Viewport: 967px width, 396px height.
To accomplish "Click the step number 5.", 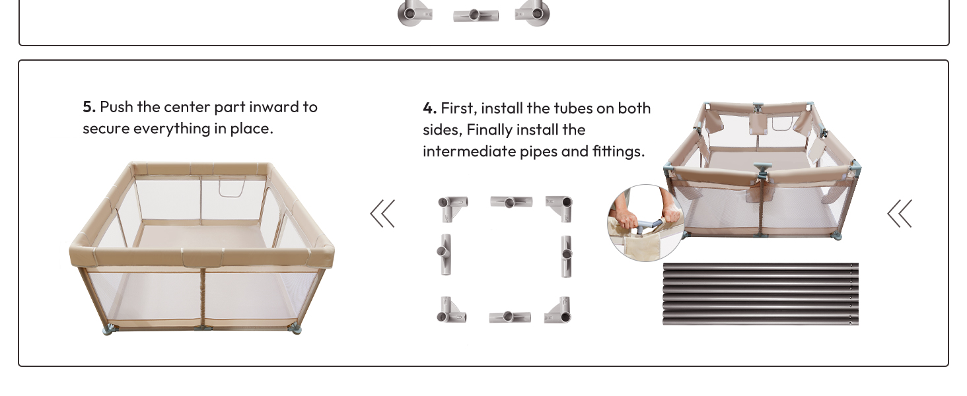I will pos(89,107).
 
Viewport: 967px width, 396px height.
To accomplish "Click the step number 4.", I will pos(429,108).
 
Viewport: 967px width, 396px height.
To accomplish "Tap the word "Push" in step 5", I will pos(116,107).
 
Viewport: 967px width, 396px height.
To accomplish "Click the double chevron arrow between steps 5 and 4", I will pos(382,213).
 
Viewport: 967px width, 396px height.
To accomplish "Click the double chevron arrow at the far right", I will pos(900,213).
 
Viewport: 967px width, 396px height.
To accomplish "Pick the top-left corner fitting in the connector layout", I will pos(452,206).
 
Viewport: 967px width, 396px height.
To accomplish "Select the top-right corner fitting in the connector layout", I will pos(559,206).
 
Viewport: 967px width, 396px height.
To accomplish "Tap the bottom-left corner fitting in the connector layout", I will pos(452,310).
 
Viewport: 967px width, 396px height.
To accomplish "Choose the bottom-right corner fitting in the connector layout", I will pos(559,311).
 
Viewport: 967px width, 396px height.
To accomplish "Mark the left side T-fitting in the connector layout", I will pos(445,253).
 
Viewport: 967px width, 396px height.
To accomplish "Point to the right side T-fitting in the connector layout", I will pos(566,255).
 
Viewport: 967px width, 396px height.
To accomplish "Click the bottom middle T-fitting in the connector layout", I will pos(509,317).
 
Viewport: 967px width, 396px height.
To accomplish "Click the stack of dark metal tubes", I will pos(760,294).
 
